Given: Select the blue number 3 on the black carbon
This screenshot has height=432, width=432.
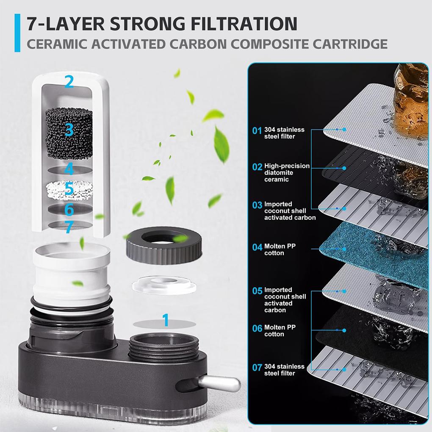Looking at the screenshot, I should pos(69,129).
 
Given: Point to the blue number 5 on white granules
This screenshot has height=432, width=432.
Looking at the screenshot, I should pos(69,189).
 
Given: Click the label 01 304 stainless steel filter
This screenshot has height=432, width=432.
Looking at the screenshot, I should pos(280,133).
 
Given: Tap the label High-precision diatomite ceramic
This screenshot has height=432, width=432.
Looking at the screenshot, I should pos(287,172).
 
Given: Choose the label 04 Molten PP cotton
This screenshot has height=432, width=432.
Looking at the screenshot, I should pos(274,249).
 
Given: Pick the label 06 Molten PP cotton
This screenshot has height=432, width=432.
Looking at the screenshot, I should pos(274,331).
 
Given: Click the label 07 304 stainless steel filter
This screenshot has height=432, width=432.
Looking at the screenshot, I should pos(280,370).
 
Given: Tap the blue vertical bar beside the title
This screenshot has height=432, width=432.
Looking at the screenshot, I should pos(17,33).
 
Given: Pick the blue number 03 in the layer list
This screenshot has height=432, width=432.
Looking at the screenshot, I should pos(257,205).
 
